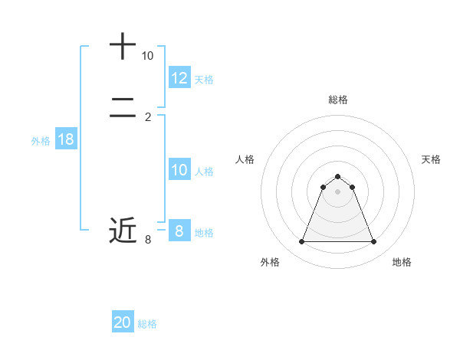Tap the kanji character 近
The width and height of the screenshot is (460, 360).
pyautogui.click(x=123, y=229)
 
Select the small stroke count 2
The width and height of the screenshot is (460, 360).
pyautogui.click(x=148, y=116)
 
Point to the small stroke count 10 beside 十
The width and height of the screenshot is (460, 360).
pyautogui.click(x=147, y=56)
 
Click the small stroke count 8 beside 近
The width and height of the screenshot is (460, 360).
pyautogui.click(x=148, y=240)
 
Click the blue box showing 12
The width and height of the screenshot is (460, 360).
pyautogui.click(x=179, y=78)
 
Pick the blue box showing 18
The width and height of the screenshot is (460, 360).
pyautogui.click(x=66, y=139)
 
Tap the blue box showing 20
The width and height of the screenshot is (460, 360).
pyautogui.click(x=123, y=323)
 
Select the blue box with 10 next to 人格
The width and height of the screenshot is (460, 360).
pyautogui.click(x=179, y=170)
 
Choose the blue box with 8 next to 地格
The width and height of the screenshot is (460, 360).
pyautogui.click(x=179, y=231)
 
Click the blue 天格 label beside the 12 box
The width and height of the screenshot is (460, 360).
pyautogui.click(x=204, y=80)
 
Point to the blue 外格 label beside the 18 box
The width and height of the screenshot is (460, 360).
pyautogui.click(x=41, y=140)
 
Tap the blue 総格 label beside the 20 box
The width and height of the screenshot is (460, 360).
pyautogui.click(x=147, y=324)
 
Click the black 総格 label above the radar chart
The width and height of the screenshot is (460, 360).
pyautogui.click(x=337, y=100)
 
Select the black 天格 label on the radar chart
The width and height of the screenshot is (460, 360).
pyautogui.click(x=431, y=159)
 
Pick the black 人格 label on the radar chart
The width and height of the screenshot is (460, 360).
pyautogui.click(x=245, y=159)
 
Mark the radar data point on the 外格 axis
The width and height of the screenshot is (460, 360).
pyautogui.click(x=301, y=242)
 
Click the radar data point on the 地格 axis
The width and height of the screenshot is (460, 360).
pyautogui.click(x=373, y=242)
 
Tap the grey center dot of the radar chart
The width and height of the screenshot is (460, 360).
pyautogui.click(x=337, y=191)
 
